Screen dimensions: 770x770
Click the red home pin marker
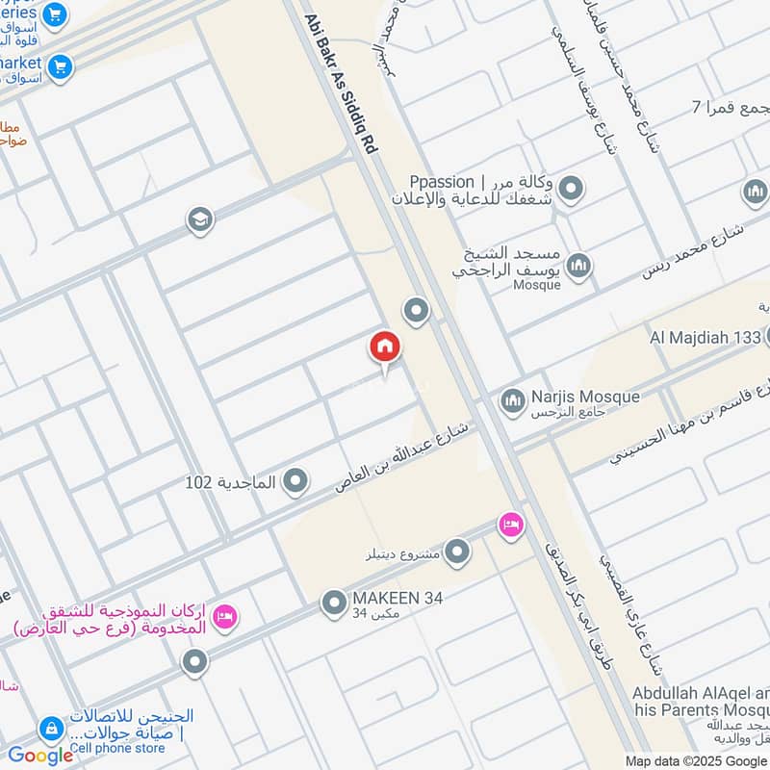(385, 347)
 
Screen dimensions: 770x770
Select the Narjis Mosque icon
(513, 398)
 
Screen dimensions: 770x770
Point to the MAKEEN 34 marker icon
(334, 603)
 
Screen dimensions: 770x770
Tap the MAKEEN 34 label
(398, 598)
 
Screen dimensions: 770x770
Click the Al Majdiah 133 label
(706, 337)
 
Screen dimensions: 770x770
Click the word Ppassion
(442, 182)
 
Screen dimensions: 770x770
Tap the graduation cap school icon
(200, 220)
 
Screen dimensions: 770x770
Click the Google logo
(40, 756)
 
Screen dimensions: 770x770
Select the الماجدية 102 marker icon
(295, 479)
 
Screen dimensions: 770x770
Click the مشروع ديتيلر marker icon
(457, 552)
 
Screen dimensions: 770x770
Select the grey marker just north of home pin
(416, 311)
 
